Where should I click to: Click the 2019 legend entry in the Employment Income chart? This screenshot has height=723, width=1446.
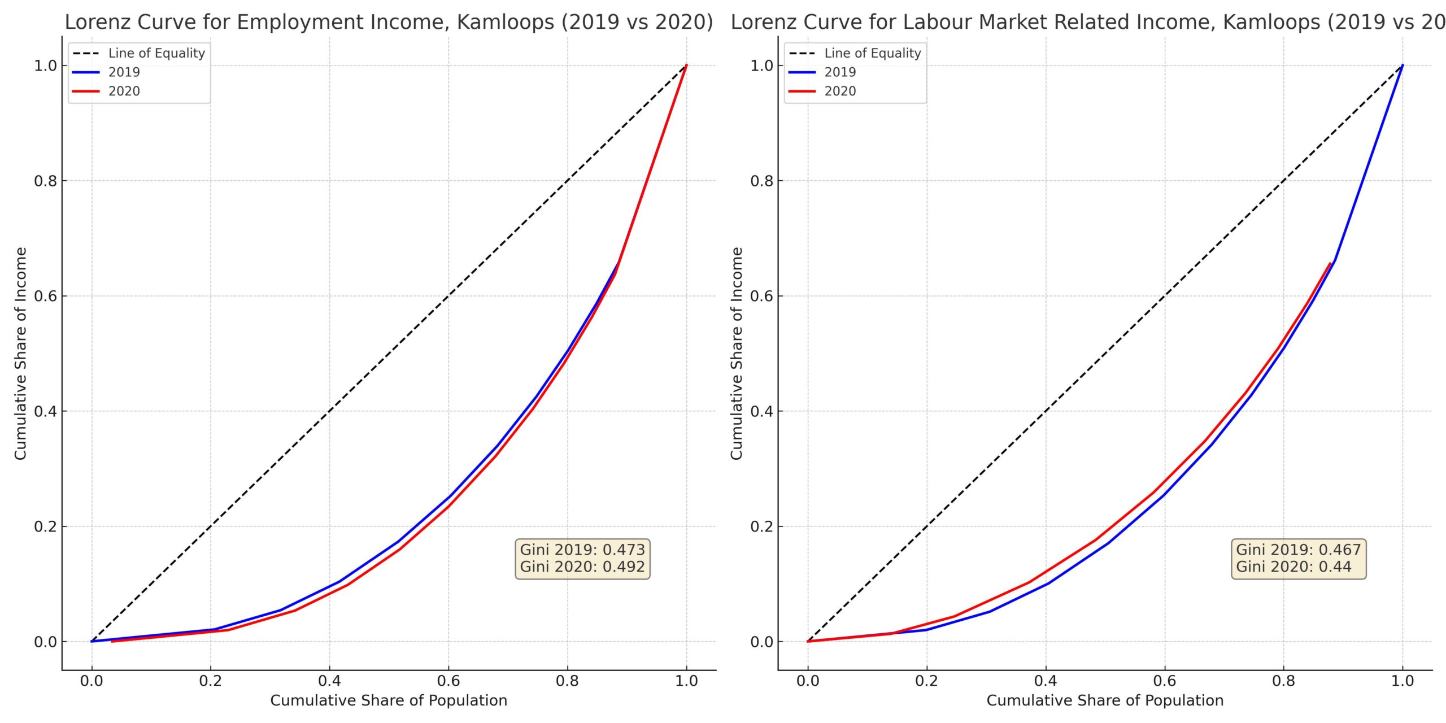point(124,72)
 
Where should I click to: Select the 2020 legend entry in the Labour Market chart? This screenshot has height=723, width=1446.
point(840,92)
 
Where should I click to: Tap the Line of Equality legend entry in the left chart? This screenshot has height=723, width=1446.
point(156,53)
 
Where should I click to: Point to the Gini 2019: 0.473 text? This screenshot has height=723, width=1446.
point(582,550)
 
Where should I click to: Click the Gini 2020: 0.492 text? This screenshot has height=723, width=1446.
point(582,567)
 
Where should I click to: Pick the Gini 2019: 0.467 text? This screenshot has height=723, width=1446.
point(1298,550)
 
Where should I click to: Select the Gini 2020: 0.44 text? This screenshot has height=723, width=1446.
point(1293,567)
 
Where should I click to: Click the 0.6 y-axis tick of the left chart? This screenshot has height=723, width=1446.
point(46,296)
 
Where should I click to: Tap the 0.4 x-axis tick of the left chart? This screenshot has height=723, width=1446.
point(329,681)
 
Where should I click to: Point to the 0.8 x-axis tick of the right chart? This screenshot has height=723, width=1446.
point(1283,681)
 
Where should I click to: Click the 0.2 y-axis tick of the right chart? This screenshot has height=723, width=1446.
point(762,526)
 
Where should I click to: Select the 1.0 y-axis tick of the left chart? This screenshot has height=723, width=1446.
point(46,66)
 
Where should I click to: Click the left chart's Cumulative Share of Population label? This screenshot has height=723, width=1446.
point(389,701)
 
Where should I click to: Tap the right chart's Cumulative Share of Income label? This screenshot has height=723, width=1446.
point(737,354)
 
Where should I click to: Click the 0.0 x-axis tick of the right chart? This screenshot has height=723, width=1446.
point(808,681)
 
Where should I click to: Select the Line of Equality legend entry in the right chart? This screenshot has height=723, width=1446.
point(873,53)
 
